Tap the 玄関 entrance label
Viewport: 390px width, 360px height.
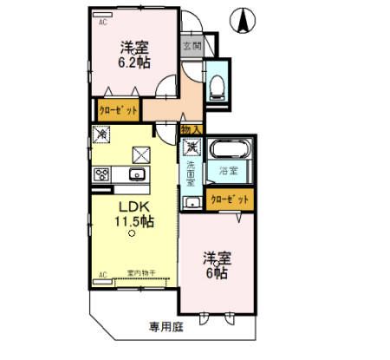coord(191,46)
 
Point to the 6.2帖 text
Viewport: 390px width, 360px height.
coord(133,62)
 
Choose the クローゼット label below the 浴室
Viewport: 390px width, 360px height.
coord(231,199)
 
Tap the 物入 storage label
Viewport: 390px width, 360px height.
coord(192,130)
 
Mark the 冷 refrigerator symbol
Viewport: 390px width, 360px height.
coord(102,135)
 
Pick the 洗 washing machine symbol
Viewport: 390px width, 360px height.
coord(192,146)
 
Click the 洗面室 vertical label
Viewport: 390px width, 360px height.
coord(190,173)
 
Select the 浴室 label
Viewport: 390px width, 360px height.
coord(228,170)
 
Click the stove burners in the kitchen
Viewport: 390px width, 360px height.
coord(101,173)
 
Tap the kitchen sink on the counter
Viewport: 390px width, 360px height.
coord(136,174)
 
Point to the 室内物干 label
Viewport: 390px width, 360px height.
coord(141,273)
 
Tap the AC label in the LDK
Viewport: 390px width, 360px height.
coord(101,275)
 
